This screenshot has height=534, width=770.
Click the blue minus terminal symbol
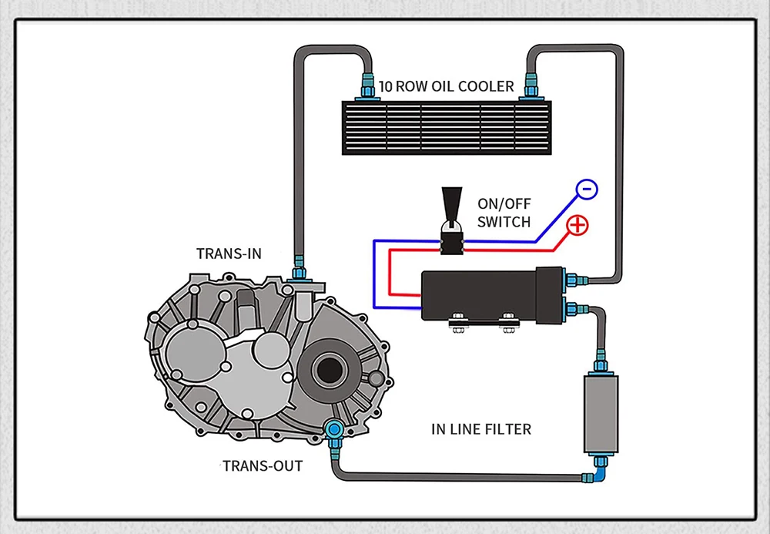click(586, 189)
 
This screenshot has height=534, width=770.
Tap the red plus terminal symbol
click(577, 225)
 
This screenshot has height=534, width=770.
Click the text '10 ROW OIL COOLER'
click(447, 86)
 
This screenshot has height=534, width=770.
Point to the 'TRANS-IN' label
click(229, 254)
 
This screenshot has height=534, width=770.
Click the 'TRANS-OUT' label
click(263, 465)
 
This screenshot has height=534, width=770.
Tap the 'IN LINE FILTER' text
click(481, 429)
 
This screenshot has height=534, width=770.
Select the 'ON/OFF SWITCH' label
click(504, 213)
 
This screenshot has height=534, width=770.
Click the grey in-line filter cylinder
click(601, 414)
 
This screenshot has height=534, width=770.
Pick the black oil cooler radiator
click(447, 128)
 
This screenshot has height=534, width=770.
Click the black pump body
click(491, 296)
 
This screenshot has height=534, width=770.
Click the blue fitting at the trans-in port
click(299, 270)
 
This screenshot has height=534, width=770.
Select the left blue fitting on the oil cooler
click(367, 86)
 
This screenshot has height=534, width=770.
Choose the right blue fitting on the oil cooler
click(531, 86)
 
